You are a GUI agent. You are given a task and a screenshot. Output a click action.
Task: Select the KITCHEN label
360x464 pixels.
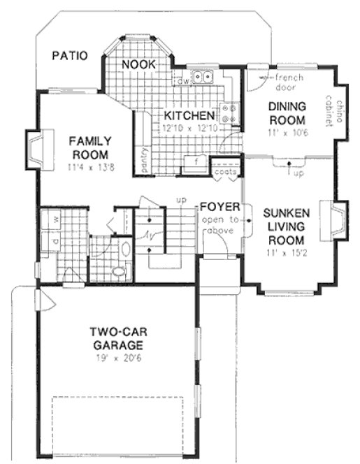click(189, 115)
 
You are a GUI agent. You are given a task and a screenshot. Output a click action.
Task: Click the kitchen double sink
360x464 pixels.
click(203, 78)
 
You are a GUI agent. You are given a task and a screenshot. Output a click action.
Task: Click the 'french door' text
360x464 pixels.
click(289, 82)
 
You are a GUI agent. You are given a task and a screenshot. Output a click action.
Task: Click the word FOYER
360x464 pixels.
click(220, 208)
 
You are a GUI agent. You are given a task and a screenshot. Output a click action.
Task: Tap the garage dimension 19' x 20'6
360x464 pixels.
click(116, 358)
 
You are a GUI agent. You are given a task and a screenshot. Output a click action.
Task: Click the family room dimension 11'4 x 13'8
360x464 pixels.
click(88, 168)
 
